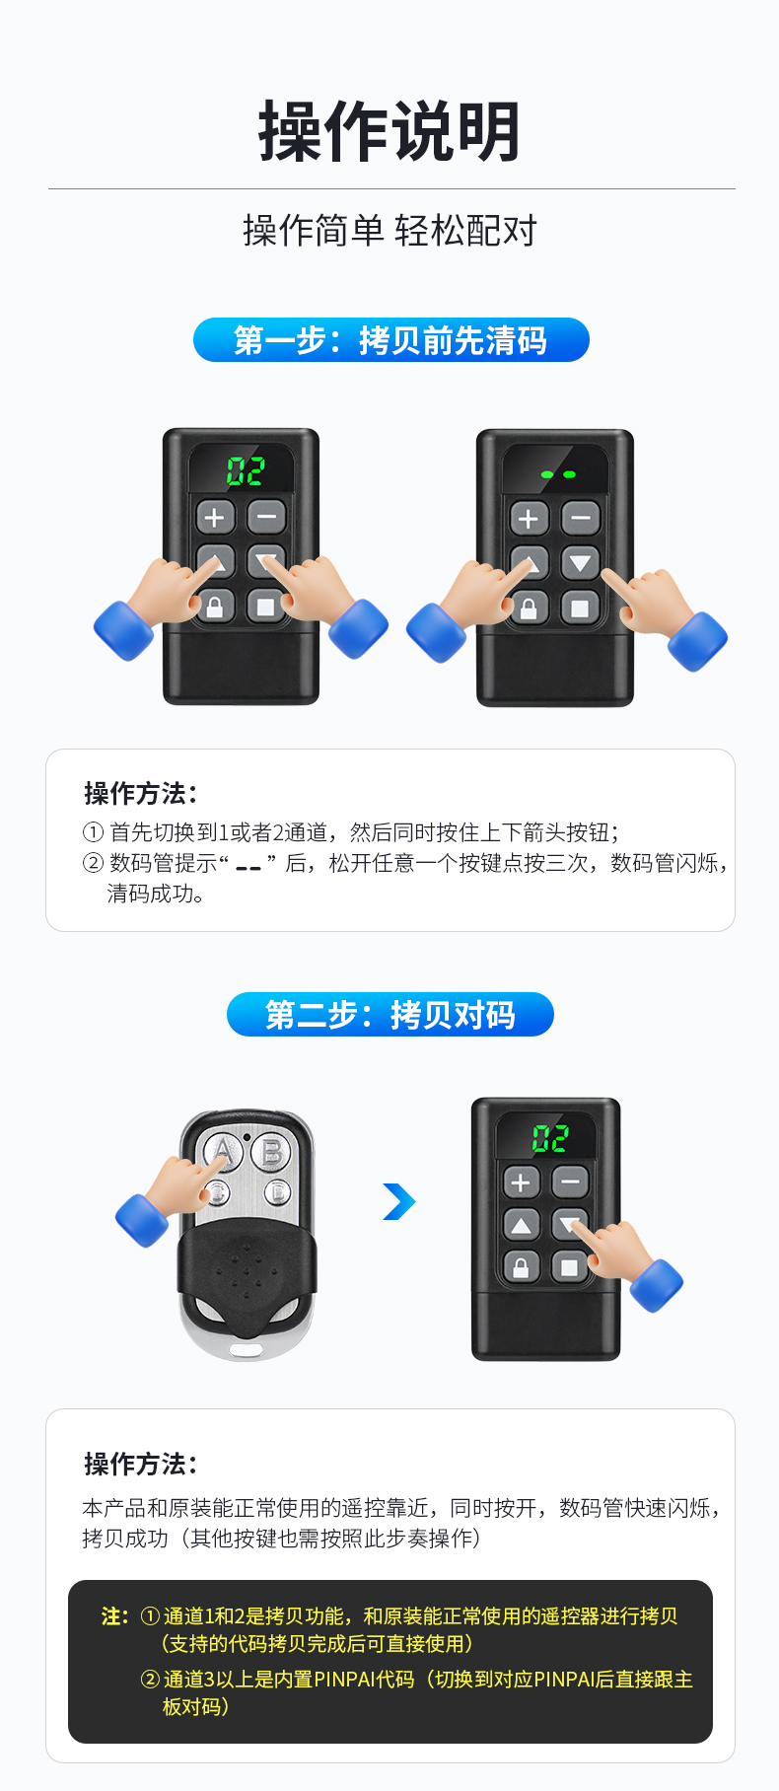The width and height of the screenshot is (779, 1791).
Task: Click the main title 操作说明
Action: coord(389,131)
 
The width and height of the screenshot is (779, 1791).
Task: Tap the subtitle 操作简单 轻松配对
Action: coord(389,231)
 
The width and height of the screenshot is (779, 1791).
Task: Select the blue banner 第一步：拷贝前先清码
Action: coord(390,340)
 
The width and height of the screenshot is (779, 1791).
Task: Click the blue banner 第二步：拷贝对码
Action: coord(390,1015)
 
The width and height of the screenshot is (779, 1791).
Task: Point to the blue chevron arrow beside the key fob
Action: coord(399,1201)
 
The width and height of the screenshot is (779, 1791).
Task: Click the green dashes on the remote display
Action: coord(558,474)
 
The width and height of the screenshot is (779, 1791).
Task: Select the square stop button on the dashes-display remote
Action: coord(580,609)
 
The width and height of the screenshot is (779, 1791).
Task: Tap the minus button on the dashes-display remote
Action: coord(580,518)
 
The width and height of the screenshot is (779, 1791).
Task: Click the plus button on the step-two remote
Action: coord(522,1182)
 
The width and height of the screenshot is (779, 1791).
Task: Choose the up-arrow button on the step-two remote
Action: coord(522,1226)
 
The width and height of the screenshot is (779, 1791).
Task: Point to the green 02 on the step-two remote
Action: coord(550,1139)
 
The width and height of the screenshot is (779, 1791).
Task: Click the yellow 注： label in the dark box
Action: coord(114,1616)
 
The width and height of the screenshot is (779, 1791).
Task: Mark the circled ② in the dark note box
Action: coord(150,1679)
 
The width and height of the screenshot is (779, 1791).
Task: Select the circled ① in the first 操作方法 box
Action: coord(93,832)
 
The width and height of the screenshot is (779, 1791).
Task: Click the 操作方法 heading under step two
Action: coord(140,1465)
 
